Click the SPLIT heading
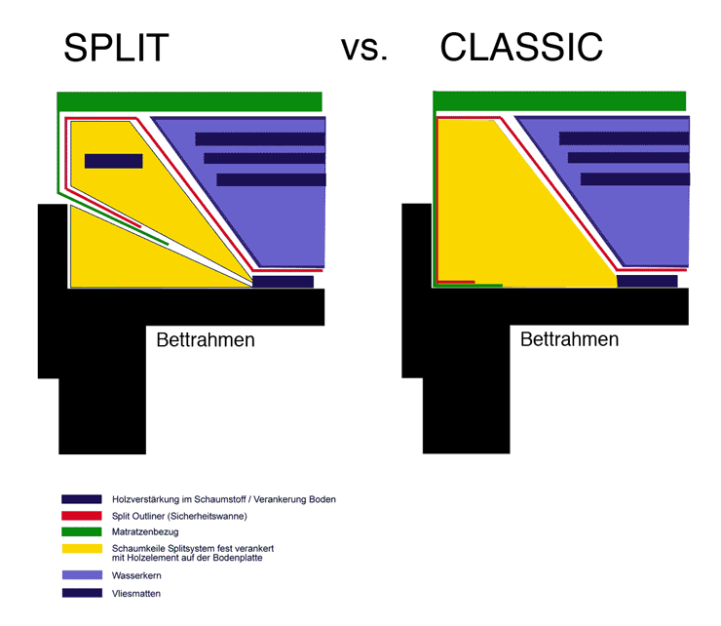(x=116, y=48)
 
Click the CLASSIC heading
(x=521, y=47)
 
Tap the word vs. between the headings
(x=364, y=49)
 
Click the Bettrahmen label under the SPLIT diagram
(x=206, y=339)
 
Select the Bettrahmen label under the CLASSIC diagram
(x=569, y=339)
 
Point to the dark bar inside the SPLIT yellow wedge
(x=114, y=161)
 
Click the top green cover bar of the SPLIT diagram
(x=189, y=101)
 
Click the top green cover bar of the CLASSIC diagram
(x=559, y=100)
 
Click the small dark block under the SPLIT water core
(x=283, y=282)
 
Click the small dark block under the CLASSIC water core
(x=647, y=281)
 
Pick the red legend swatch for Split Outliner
(x=82, y=516)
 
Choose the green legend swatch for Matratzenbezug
(x=82, y=531)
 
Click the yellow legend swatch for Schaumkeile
(x=82, y=548)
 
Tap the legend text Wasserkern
(x=136, y=575)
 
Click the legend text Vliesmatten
(x=136, y=593)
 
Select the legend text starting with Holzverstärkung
(x=224, y=499)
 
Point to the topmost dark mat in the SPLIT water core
(x=260, y=139)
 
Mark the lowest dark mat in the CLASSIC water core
(x=635, y=179)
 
